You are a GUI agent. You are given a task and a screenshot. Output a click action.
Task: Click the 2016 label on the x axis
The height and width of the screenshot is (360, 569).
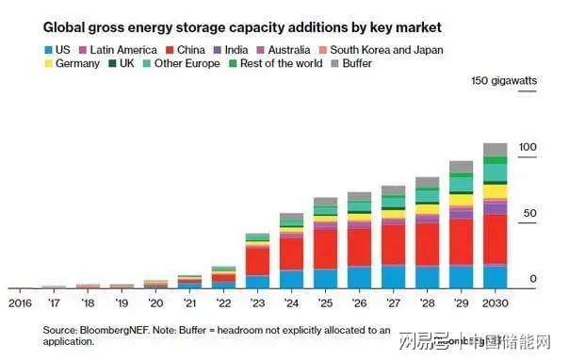(20, 303)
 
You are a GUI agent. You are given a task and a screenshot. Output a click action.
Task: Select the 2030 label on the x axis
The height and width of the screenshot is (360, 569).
(495, 303)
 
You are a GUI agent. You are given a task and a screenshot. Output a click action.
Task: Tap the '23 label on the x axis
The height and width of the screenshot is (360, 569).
(257, 303)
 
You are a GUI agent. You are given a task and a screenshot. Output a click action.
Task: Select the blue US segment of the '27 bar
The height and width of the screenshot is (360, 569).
(393, 276)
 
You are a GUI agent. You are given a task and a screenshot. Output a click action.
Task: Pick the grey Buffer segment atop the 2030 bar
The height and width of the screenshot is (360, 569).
(495, 149)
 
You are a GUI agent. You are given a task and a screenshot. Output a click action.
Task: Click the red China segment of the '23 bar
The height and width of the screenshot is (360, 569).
(257, 260)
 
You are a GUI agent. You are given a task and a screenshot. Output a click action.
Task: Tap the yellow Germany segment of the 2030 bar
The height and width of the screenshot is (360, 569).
(495, 191)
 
